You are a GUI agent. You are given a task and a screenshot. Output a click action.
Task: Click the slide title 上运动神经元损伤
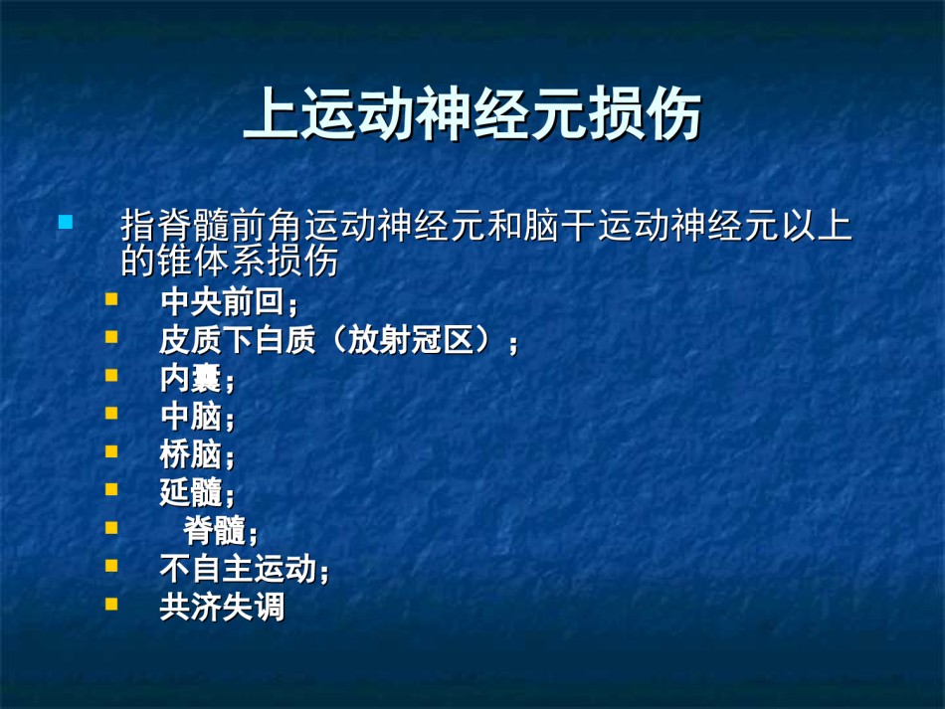click(x=472, y=113)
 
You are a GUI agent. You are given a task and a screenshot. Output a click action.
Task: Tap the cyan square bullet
click(x=66, y=223)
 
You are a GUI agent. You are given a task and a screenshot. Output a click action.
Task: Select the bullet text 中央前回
click(x=223, y=301)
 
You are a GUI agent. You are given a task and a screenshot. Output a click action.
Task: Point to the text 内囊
click(x=190, y=378)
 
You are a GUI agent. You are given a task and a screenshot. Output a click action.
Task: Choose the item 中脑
click(x=190, y=417)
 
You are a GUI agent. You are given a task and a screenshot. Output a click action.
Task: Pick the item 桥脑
click(x=190, y=454)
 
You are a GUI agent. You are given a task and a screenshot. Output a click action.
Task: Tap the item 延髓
click(x=190, y=493)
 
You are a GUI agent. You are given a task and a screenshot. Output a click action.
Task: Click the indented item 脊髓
click(x=214, y=531)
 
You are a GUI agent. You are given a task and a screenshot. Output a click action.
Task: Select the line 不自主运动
click(x=238, y=569)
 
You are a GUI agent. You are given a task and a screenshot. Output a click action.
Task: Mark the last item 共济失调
click(x=222, y=607)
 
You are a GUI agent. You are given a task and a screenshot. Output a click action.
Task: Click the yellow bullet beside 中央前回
click(x=111, y=299)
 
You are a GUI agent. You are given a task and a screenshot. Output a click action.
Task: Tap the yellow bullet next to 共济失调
click(x=111, y=604)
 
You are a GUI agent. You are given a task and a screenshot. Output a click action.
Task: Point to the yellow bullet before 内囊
click(x=111, y=375)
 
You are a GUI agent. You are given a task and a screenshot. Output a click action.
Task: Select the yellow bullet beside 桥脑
click(x=111, y=451)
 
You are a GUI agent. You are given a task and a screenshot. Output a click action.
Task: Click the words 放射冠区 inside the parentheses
click(x=411, y=340)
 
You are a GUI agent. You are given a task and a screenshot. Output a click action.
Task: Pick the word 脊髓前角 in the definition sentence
click(x=193, y=225)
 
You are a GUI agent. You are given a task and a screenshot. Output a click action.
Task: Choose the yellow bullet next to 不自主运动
click(x=111, y=566)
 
